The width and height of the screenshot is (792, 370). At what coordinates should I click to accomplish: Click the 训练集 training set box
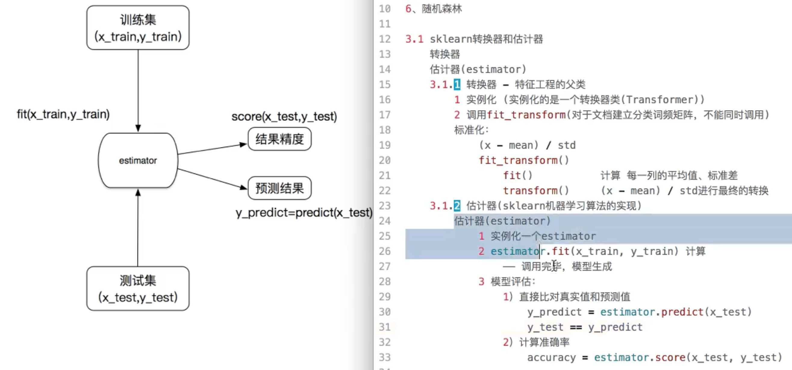[x=138, y=28]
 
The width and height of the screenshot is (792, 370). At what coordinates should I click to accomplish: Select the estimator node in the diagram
[x=138, y=160]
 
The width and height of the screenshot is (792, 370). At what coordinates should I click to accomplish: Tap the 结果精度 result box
[x=279, y=139]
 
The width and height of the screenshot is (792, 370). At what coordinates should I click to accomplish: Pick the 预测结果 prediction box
[x=279, y=188]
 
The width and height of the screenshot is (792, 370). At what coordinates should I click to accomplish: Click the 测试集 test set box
[x=138, y=289]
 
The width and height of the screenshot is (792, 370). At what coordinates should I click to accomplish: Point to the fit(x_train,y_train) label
[x=63, y=114]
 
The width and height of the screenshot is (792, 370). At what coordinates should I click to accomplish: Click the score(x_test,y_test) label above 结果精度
[x=284, y=117]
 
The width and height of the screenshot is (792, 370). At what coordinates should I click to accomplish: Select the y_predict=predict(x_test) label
[x=304, y=212]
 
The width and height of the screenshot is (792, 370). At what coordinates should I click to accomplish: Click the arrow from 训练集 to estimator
[x=138, y=91]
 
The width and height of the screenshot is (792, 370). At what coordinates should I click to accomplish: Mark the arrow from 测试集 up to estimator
[x=138, y=227]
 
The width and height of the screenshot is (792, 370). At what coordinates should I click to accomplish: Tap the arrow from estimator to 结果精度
[x=212, y=149]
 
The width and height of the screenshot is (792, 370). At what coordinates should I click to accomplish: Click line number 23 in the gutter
[x=385, y=206]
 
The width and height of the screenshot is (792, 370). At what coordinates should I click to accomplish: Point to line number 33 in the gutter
[x=385, y=357]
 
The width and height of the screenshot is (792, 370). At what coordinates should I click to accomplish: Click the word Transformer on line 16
[x=660, y=100]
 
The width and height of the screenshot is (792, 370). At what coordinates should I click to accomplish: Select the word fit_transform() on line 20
[x=524, y=160]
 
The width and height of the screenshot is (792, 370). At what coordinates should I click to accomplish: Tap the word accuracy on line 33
[x=551, y=357]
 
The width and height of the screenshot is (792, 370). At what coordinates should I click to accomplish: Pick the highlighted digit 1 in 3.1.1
[x=457, y=85]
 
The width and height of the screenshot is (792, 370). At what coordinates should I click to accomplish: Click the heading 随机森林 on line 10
[x=442, y=9]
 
